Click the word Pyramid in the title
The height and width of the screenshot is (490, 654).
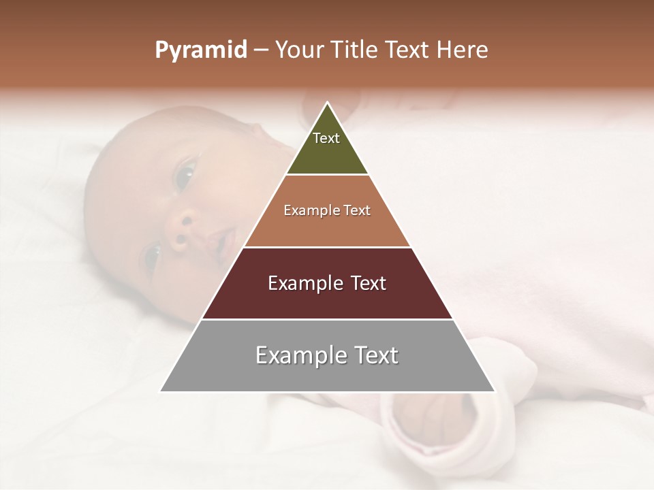point(200,50)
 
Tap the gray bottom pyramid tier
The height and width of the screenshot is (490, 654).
point(327,374)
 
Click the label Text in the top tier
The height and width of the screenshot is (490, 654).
point(326,138)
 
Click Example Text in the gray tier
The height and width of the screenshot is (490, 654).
point(327,355)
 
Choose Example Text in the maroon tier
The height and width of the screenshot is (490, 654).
point(327,283)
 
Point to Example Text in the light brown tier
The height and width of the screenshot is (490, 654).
point(327,210)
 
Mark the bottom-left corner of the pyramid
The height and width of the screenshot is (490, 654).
point(161,391)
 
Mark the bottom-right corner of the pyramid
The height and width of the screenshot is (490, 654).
point(494,391)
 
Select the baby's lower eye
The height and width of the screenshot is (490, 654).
point(151,258)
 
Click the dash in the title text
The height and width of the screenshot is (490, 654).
point(261,50)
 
